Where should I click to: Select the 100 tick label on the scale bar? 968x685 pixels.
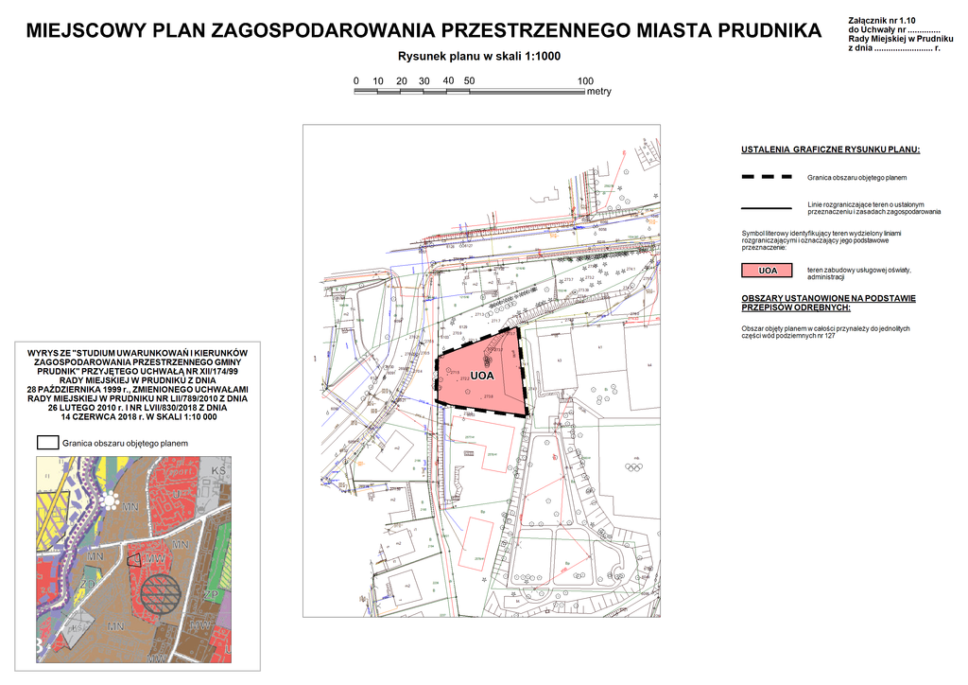(x=585, y=80)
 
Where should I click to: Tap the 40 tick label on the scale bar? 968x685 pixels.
(x=448, y=80)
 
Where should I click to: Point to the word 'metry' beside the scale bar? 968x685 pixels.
(x=599, y=93)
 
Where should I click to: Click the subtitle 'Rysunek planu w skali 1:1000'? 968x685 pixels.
(x=479, y=56)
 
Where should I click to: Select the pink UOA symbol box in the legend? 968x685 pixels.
(x=768, y=272)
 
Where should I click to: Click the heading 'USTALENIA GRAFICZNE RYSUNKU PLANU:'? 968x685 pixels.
(x=830, y=150)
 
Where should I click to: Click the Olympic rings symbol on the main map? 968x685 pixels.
(x=635, y=465)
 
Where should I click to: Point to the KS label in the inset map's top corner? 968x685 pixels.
(x=218, y=470)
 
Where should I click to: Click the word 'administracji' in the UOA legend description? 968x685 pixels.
(x=826, y=277)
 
